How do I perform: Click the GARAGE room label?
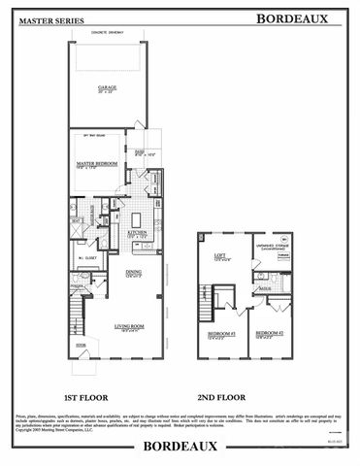pyautogui.click(x=107, y=87)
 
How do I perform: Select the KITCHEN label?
pyautogui.click(x=137, y=233)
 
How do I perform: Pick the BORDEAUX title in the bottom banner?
pyautogui.click(x=180, y=449)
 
